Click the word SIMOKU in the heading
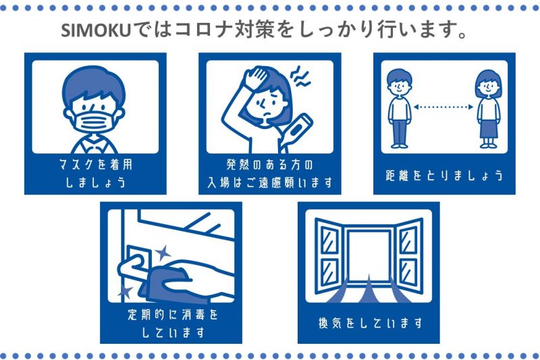click(97, 30)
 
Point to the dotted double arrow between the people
click(443, 107)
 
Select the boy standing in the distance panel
click(399, 109)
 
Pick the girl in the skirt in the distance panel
click(488, 109)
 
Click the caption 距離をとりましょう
click(444, 176)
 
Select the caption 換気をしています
click(370, 323)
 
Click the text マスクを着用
click(95, 164)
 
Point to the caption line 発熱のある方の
click(269, 164)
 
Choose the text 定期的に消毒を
click(173, 314)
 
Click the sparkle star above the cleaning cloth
click(163, 253)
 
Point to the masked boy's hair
click(94, 84)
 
